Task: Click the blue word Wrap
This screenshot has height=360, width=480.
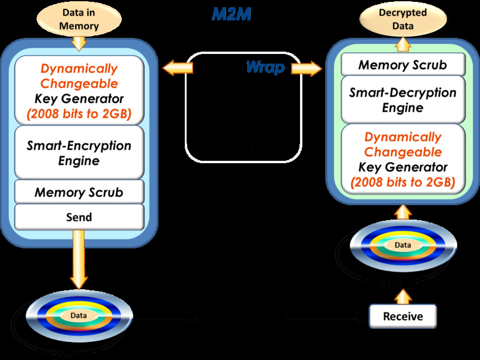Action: [265, 67]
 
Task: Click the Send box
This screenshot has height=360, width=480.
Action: [79, 217]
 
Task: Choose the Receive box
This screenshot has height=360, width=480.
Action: [403, 316]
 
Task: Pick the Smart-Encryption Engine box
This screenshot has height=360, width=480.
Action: [79, 153]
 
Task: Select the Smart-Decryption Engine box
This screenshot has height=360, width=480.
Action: [403, 100]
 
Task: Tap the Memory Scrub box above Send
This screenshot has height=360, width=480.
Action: [79, 192]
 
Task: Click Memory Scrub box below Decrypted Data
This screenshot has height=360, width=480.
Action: [403, 65]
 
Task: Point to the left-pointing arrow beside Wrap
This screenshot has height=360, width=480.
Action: [178, 68]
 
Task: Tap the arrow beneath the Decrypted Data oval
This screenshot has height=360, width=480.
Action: [403, 42]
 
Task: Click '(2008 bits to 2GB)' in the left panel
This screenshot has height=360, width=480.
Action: [79, 112]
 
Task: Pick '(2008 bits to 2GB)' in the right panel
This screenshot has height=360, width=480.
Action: [403, 182]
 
